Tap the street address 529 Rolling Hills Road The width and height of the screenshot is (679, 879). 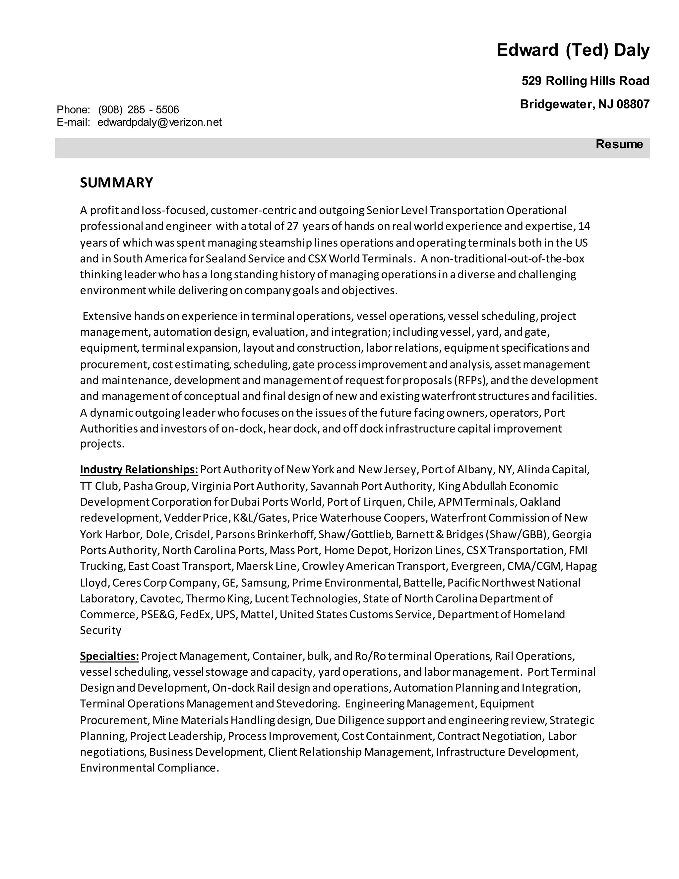[x=585, y=81]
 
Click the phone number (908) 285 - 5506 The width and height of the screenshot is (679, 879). [x=138, y=109]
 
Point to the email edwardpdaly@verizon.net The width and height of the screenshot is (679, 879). [x=159, y=122]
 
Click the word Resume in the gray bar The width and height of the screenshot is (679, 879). [x=619, y=144]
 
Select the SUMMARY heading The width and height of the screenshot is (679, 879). [x=116, y=183]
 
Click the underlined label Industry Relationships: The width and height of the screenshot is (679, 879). [x=139, y=470]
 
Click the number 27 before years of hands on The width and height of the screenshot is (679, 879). [x=292, y=226]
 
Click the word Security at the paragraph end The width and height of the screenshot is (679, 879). [x=100, y=630]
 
